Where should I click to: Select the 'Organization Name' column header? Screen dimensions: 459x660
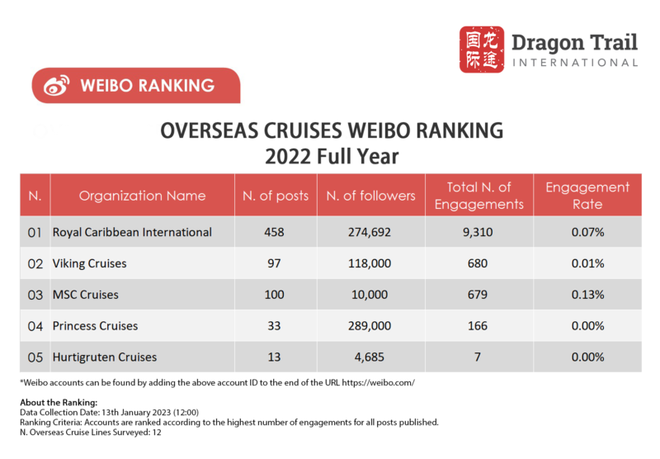tap(143, 196)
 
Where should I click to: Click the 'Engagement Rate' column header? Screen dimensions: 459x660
tap(587, 196)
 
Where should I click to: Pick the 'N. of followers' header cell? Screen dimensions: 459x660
tap(370, 196)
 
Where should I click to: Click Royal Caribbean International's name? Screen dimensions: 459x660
tap(132, 233)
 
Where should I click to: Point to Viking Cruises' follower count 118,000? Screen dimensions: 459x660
tap(370, 264)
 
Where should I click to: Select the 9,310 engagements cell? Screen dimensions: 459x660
tap(478, 233)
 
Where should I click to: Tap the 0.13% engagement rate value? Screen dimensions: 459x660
tap(587, 295)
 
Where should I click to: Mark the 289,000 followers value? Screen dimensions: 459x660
tap(370, 326)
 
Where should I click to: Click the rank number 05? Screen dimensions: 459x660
tap(35, 357)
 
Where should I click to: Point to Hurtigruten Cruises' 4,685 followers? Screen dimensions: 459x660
tap(370, 357)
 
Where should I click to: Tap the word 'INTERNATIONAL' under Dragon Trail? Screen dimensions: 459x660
tap(575, 62)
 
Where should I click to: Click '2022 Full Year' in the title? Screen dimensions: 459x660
tap(330, 155)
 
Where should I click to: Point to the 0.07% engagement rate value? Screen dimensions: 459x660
tap(587, 233)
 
